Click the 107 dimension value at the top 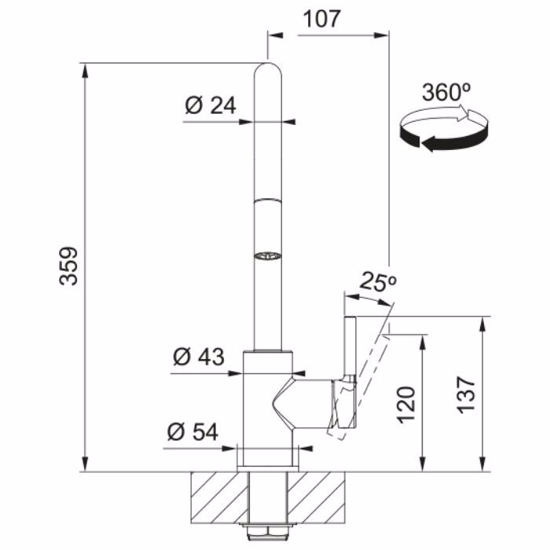point(321,19)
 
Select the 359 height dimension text point(68,266)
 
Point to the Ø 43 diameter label point(199,357)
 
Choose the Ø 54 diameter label point(192,431)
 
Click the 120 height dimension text point(406,405)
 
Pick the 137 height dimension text point(466,394)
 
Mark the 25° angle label point(378,281)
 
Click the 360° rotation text point(445,92)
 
